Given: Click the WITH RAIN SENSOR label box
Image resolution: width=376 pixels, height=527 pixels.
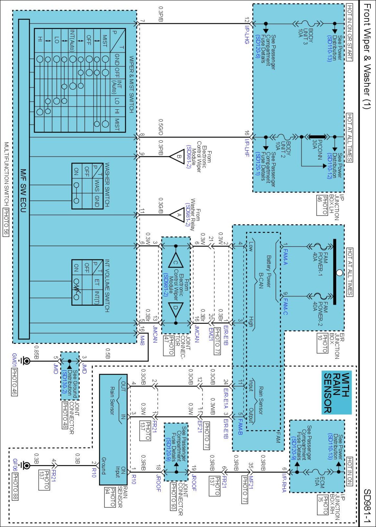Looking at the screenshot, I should click(x=336, y=392).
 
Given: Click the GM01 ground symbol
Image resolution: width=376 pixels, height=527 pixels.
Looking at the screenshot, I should click(x=26, y=361).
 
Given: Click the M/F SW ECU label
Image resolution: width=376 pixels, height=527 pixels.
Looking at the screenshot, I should click(x=23, y=191).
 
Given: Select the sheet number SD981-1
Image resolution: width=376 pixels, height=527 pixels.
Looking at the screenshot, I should click(x=367, y=506).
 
